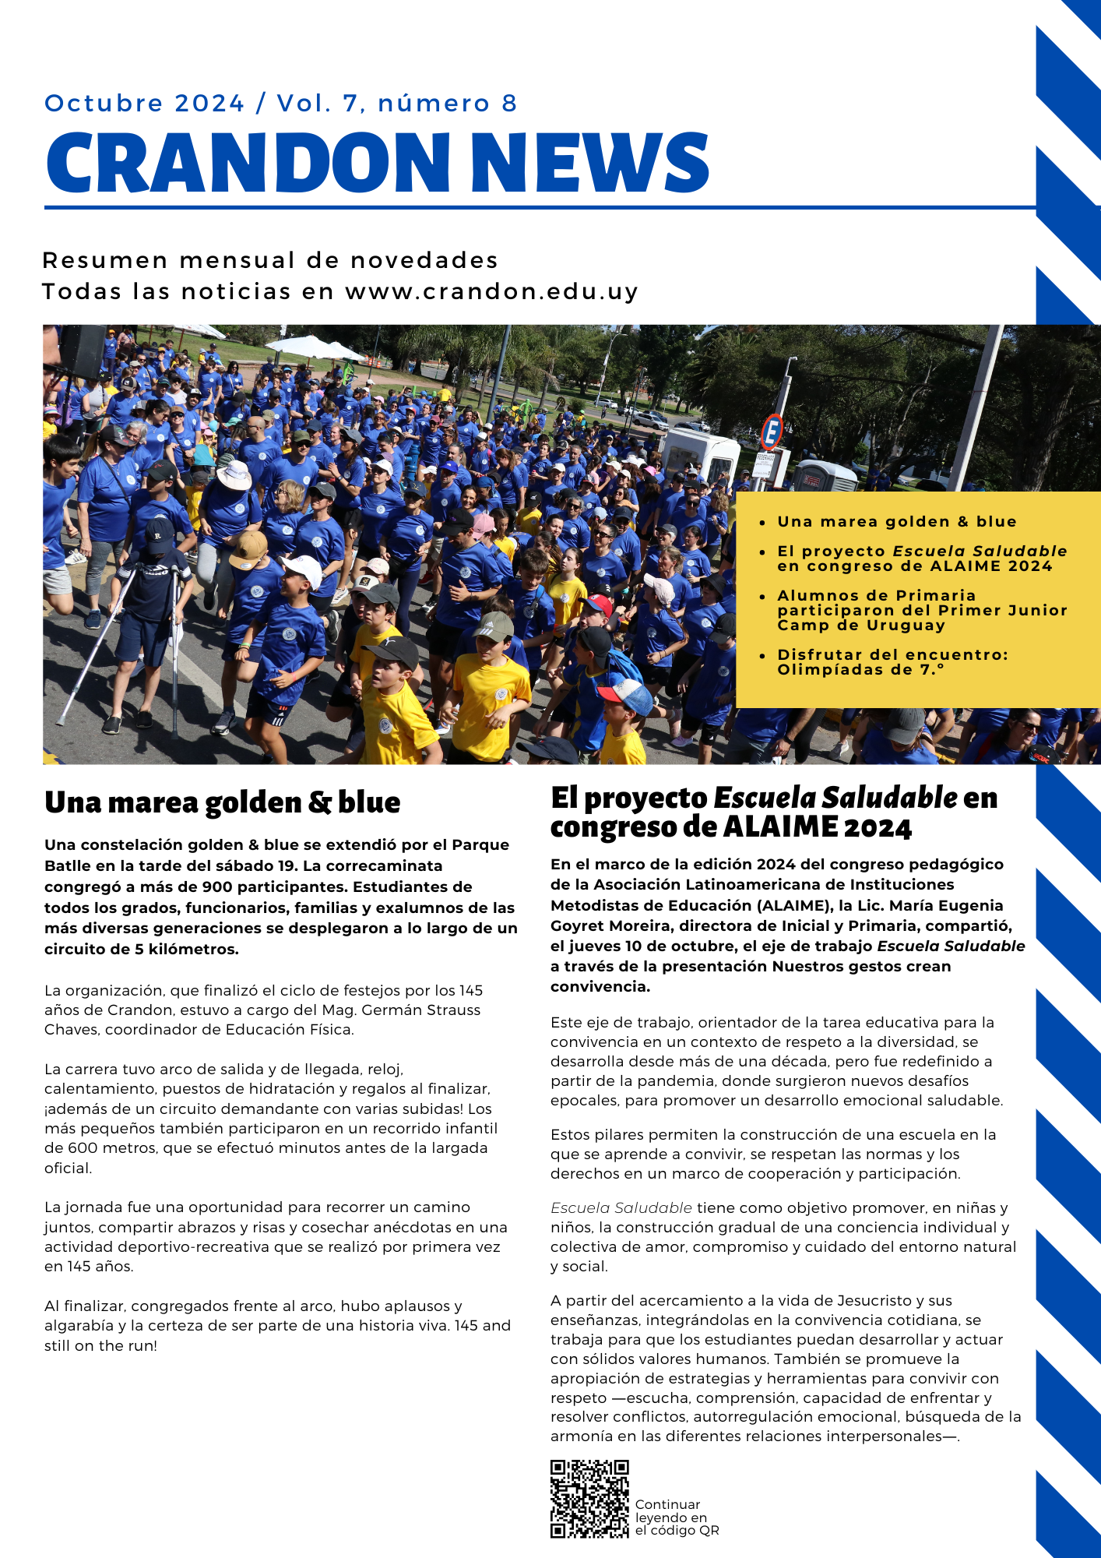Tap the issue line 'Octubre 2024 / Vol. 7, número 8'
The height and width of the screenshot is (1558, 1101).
pyautogui.click(x=280, y=104)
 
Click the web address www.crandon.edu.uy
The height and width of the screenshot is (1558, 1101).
pyautogui.click(x=491, y=291)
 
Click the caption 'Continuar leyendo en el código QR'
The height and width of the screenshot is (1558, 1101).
pyautogui.click(x=676, y=1517)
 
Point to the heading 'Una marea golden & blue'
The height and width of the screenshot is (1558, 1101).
pyautogui.click(x=223, y=802)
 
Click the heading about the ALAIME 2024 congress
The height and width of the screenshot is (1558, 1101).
pyautogui.click(x=773, y=812)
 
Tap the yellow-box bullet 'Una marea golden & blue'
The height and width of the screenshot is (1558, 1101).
pyautogui.click(x=896, y=522)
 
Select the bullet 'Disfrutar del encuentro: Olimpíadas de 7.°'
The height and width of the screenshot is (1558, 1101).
pyautogui.click(x=892, y=662)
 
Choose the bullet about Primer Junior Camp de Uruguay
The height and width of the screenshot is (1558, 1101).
pyautogui.click(x=922, y=610)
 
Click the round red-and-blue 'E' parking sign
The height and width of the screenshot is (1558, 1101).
pyautogui.click(x=771, y=432)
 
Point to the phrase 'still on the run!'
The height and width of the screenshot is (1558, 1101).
pyautogui.click(x=100, y=1345)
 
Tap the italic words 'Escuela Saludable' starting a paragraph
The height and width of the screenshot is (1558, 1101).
pyautogui.click(x=621, y=1207)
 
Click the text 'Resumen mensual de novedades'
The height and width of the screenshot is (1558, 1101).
pyautogui.click(x=270, y=260)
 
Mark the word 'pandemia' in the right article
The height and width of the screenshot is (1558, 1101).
pyautogui.click(x=682, y=1080)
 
